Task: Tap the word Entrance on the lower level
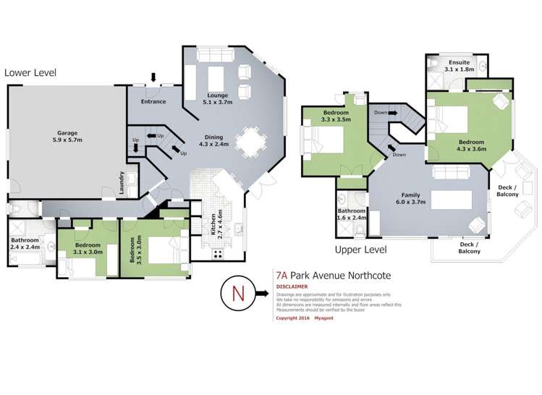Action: pos(153,101)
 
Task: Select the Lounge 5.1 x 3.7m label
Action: pos(217,98)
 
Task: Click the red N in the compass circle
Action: pos(237,294)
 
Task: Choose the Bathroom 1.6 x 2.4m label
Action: pos(352,214)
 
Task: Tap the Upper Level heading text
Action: pos(360,250)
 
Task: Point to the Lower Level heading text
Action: pos(30,73)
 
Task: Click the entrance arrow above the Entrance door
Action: pos(153,78)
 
